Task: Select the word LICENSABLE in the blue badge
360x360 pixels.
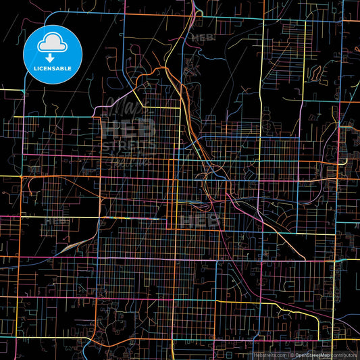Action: coord(53,68)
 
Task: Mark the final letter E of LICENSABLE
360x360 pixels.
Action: coord(72,68)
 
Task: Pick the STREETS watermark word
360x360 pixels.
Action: coord(128,143)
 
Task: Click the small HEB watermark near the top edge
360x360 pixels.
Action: coord(202,38)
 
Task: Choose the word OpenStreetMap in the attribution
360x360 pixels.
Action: coord(311,355)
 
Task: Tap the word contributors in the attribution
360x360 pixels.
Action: coord(344,355)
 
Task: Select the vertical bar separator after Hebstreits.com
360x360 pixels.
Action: coord(288,355)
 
